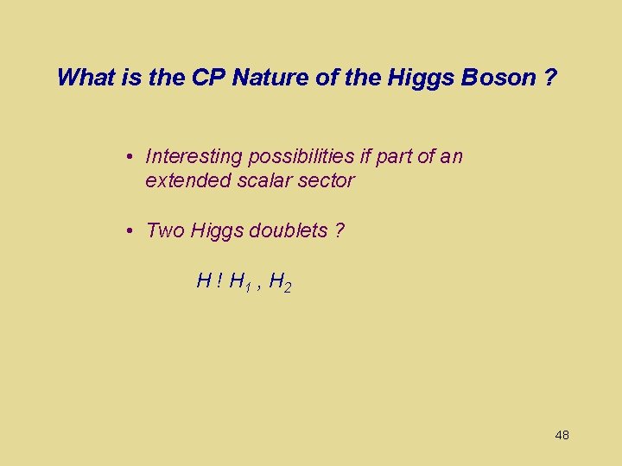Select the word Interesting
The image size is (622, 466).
pos(194,156)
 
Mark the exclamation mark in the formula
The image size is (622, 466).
pos(220,280)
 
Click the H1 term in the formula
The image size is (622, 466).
pos(241,281)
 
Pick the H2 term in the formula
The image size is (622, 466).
pos(280,281)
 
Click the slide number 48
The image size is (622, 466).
pos(562,435)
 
